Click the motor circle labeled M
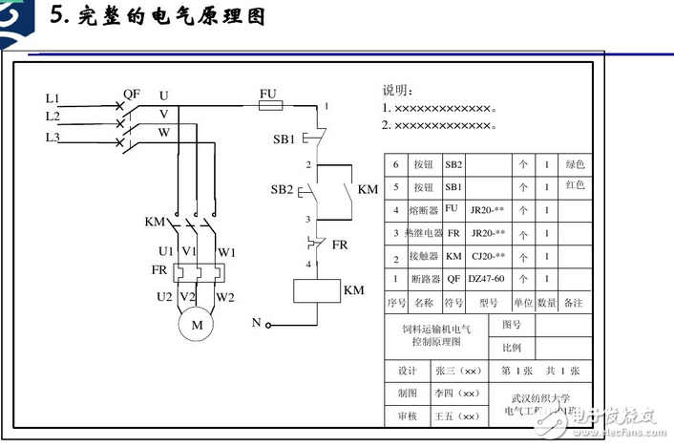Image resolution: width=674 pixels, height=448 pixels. click(199, 326)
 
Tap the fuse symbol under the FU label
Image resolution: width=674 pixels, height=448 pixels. click(270, 107)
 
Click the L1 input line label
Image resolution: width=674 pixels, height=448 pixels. click(53, 98)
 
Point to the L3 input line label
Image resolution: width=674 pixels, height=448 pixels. click(53, 138)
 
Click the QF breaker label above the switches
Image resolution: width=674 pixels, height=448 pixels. click(132, 94)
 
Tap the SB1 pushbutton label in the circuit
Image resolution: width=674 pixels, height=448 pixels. click(284, 139)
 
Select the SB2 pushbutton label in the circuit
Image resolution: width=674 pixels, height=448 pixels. click(282, 188)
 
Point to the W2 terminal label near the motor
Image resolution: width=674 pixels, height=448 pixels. click(225, 297)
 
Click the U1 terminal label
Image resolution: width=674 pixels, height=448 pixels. click(166, 251)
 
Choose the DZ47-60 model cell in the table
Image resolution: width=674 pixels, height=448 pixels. click(486, 279)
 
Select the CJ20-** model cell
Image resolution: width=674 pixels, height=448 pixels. click(486, 256)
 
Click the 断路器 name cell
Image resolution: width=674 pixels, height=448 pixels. click(424, 279)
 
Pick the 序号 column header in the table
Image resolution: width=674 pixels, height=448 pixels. click(396, 303)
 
